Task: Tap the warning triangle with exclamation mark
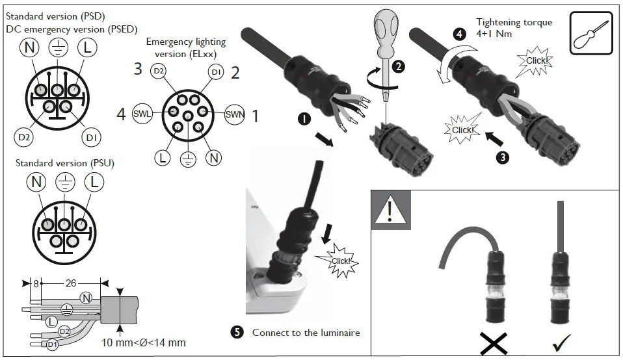click(390, 210)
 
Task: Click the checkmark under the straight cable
click(561, 342)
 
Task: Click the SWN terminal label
click(234, 115)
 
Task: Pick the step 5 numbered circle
click(237, 332)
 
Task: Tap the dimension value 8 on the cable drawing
click(36, 283)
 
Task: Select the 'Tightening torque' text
click(514, 22)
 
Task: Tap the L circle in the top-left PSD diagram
click(86, 47)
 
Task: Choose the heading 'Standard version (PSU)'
click(64, 162)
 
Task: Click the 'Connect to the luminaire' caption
click(306, 333)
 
